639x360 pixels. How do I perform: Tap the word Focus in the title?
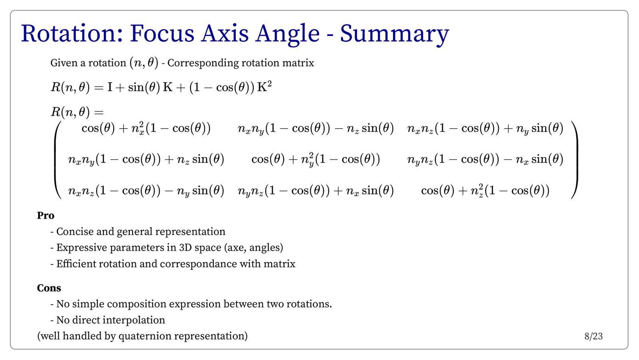pyautogui.click(x=162, y=34)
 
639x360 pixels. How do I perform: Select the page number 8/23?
pyautogui.click(x=593, y=336)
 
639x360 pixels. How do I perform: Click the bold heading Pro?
pyautogui.click(x=46, y=216)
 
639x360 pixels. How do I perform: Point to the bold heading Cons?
pyautogui.click(x=49, y=288)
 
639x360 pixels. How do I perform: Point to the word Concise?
pyautogui.click(x=75, y=232)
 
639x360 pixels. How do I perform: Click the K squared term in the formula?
pyautogui.click(x=264, y=87)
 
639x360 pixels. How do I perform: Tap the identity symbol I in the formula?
pyautogui.click(x=110, y=87)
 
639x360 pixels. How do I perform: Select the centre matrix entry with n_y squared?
pyautogui.click(x=316, y=160)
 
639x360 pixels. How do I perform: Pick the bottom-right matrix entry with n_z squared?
pyautogui.click(x=485, y=191)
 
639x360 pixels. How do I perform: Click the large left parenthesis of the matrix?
pyautogui.click(x=57, y=160)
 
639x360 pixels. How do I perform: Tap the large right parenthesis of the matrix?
pyautogui.click(x=575, y=160)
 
